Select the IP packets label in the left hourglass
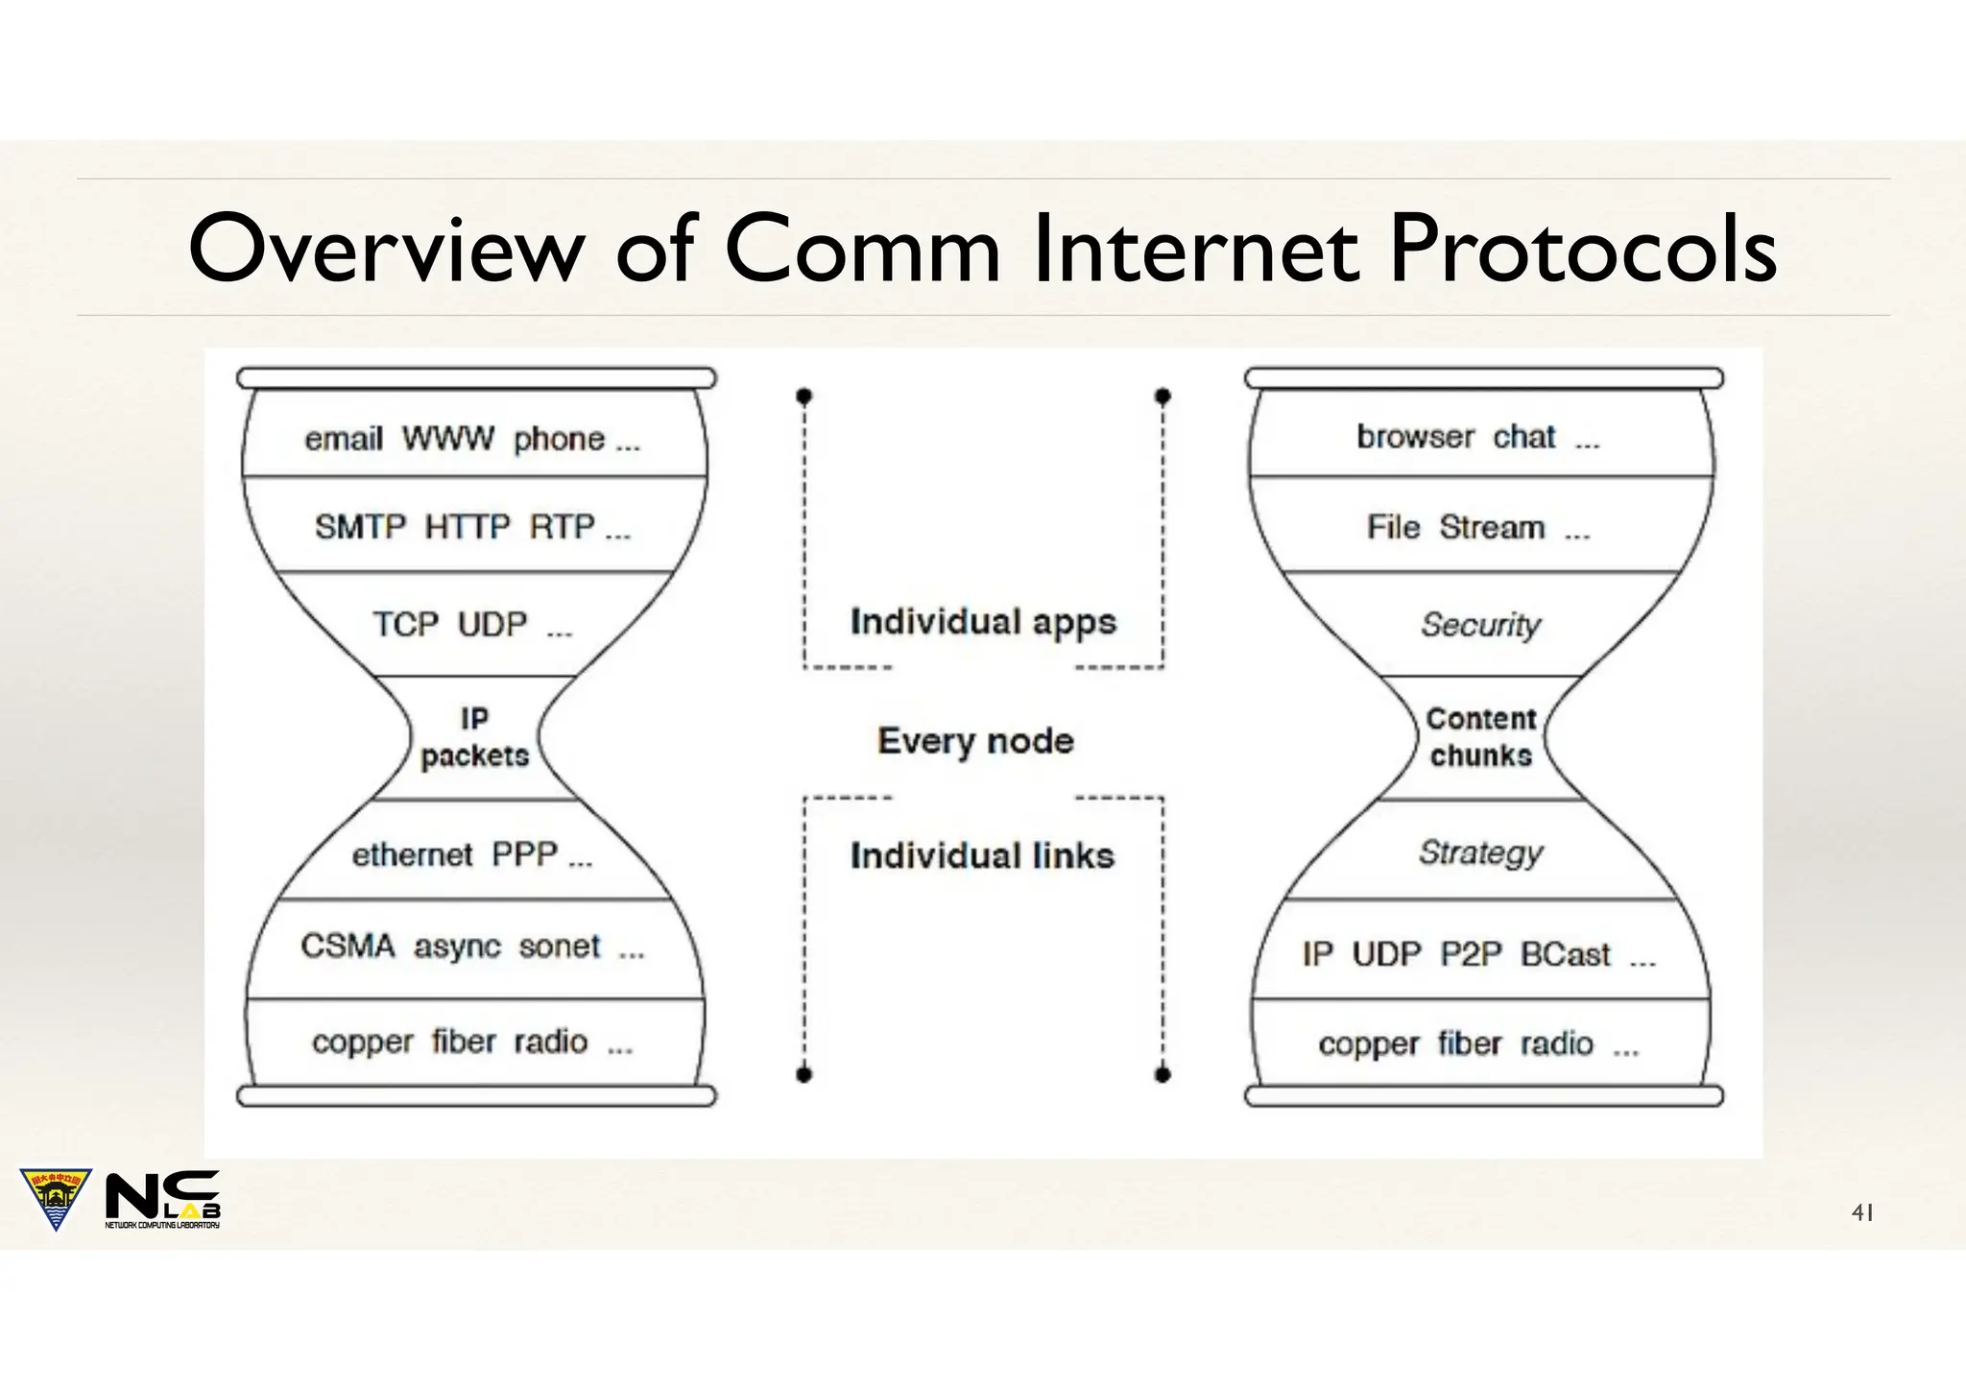point(474,737)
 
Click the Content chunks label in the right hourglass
point(1480,737)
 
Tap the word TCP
point(405,625)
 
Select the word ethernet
point(412,854)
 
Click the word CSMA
point(348,947)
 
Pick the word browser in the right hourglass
point(1415,437)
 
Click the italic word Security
point(1480,625)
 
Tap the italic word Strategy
point(1480,852)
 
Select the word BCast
point(1565,954)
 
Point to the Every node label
point(975,741)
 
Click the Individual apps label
point(983,623)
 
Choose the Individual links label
point(982,856)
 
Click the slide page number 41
point(1861,1213)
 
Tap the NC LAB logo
point(162,1199)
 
